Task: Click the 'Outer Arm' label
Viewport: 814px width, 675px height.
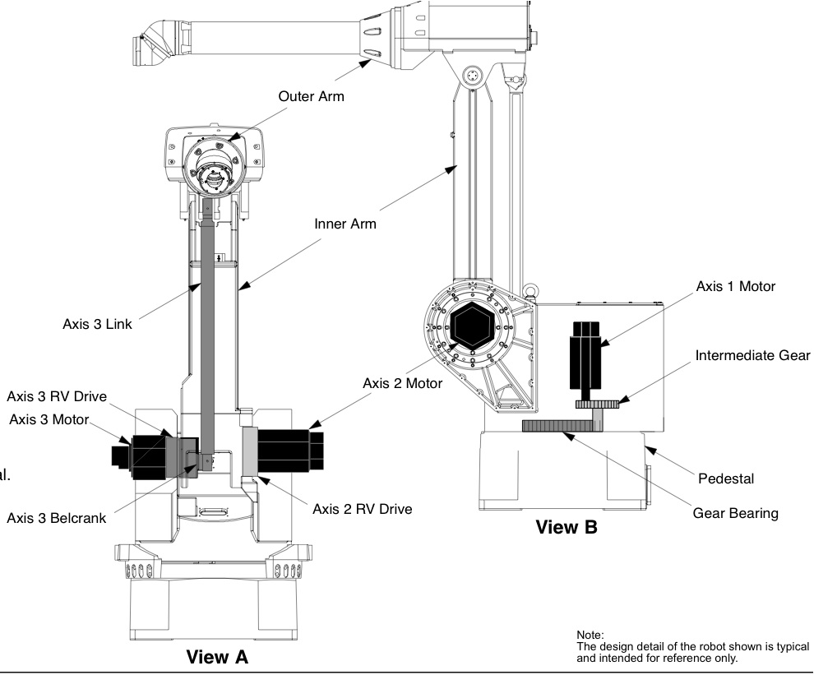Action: click(x=311, y=96)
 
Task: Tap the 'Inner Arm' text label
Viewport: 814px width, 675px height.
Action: click(x=345, y=224)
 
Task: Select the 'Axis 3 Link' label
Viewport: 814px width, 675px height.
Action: click(x=97, y=324)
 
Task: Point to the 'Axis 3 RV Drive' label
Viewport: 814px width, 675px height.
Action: click(x=57, y=396)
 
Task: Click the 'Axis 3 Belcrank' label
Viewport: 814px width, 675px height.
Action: click(x=56, y=518)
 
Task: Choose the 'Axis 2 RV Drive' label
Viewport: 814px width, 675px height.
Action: click(x=363, y=510)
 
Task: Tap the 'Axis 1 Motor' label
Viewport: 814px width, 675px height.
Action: click(x=736, y=287)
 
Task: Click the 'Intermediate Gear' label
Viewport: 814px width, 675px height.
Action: click(x=752, y=356)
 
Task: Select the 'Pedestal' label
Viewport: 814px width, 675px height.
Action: click(x=726, y=479)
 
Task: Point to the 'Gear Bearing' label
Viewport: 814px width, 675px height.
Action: click(x=736, y=514)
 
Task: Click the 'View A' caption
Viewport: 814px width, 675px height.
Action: click(x=217, y=658)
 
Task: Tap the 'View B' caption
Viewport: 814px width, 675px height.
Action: click(x=567, y=528)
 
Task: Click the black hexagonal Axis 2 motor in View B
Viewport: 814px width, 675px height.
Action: click(x=471, y=326)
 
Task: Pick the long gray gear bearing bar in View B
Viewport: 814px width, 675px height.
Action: click(x=562, y=426)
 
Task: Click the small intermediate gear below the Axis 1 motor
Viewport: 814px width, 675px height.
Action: click(x=597, y=405)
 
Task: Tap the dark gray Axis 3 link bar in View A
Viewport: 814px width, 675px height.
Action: click(x=208, y=332)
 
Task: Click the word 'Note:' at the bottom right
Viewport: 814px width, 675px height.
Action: click(x=590, y=635)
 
